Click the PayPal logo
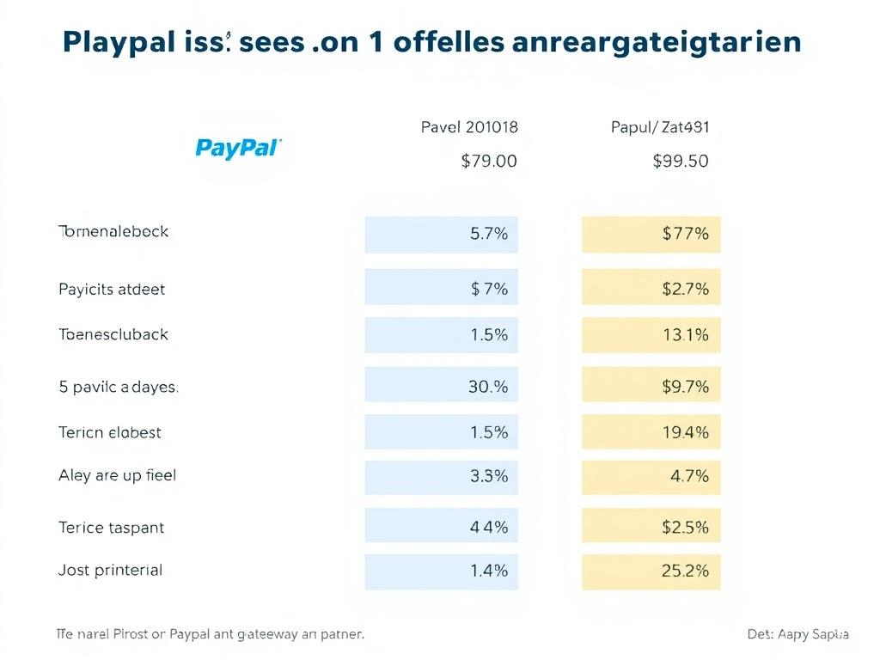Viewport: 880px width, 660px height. [238, 148]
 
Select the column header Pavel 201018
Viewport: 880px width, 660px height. [469, 127]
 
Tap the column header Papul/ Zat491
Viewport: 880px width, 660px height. [660, 127]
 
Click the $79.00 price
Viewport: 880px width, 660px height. [489, 161]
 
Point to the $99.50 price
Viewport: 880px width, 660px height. [681, 161]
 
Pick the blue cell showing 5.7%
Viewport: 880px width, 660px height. [442, 234]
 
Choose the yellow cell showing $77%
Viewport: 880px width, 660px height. [651, 234]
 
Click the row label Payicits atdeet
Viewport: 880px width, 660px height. [112, 290]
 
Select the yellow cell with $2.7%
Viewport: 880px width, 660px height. [651, 289]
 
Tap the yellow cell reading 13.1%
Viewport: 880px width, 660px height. [651, 335]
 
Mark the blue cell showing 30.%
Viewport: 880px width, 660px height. [442, 387]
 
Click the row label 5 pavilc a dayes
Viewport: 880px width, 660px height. [119, 387]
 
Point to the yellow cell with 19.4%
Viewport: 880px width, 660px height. [651, 432]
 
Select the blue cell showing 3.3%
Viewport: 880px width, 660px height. [442, 476]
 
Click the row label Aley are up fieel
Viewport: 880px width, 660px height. [117, 475]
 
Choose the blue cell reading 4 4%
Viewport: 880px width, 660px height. [442, 527]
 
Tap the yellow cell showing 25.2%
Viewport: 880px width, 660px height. [651, 571]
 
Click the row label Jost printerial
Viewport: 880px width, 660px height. [110, 570]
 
